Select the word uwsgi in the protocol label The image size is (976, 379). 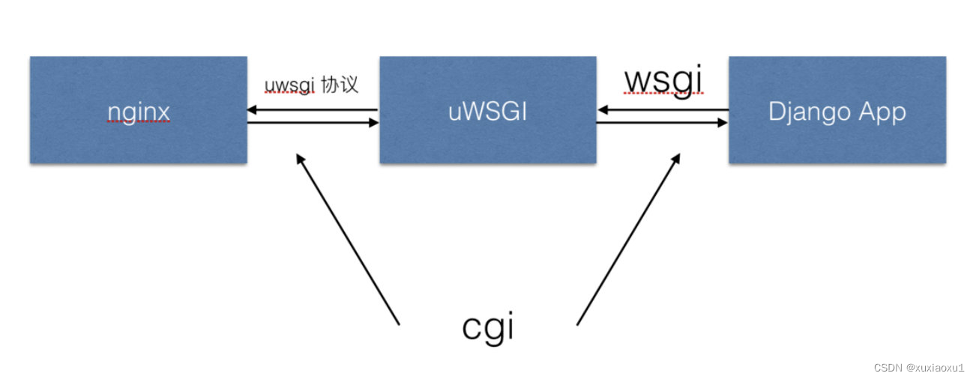coord(289,85)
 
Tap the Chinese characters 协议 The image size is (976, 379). coord(339,85)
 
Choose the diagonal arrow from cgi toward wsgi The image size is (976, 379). coord(628,239)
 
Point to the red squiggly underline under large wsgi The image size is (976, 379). coord(665,94)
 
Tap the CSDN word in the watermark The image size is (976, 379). coord(887,367)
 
